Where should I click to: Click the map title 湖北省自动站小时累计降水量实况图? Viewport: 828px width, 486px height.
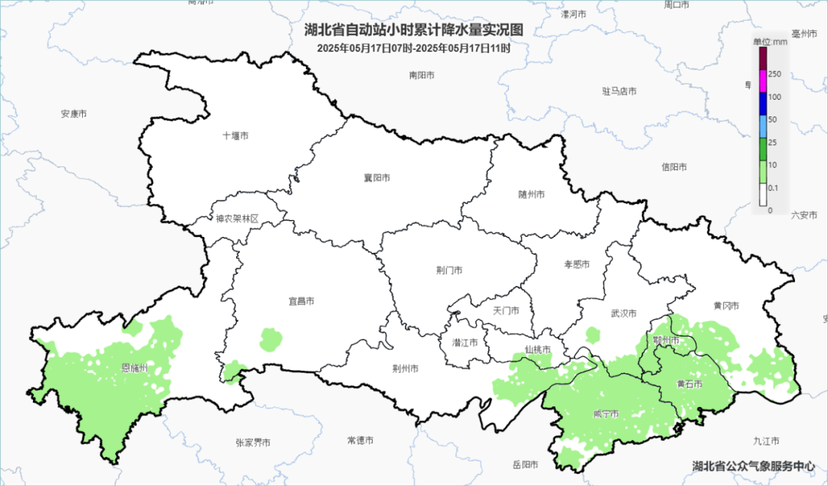[413, 31]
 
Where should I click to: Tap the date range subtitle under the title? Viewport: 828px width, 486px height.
[413, 48]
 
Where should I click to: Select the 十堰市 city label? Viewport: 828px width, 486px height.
[235, 136]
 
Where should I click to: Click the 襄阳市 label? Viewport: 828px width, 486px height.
[376, 178]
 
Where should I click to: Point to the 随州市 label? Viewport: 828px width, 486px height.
[531, 195]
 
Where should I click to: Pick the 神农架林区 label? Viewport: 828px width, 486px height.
[237, 218]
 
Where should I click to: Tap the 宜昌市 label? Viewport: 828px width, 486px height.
[301, 301]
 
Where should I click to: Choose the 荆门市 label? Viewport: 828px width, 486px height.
[449, 271]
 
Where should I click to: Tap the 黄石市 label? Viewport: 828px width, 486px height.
[689, 384]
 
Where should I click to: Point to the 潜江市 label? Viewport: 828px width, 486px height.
[465, 343]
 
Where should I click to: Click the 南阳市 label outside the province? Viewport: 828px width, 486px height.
[422, 75]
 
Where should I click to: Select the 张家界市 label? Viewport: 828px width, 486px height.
[253, 442]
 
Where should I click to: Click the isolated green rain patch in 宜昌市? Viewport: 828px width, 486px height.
[271, 338]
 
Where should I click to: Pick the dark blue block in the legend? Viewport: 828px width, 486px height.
[763, 103]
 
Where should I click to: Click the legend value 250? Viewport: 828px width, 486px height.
[775, 74]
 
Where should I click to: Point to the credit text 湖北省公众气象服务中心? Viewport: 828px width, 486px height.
[754, 465]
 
